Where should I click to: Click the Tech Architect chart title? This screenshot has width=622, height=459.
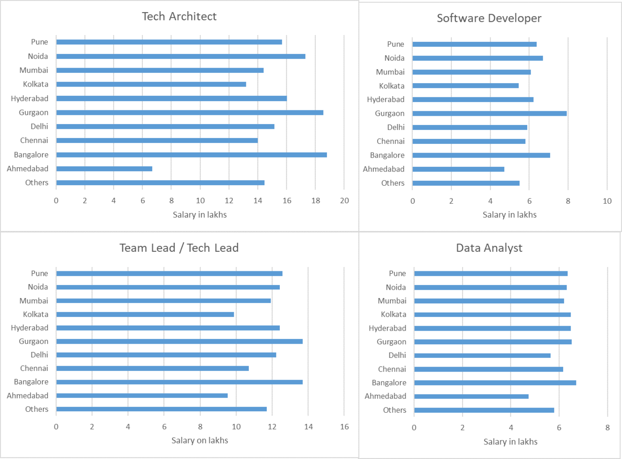pyautogui.click(x=179, y=16)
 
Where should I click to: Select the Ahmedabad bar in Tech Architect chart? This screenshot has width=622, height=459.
pyautogui.click(x=104, y=169)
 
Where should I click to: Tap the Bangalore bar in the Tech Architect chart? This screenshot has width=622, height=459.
pyautogui.click(x=191, y=155)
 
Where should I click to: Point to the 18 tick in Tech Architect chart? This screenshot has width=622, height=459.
pyautogui.click(x=315, y=200)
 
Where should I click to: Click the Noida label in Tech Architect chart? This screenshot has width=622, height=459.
pyautogui.click(x=38, y=56)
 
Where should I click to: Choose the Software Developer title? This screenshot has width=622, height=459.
pyautogui.click(x=489, y=18)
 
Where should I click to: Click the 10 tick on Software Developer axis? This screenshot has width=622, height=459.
pyautogui.click(x=607, y=201)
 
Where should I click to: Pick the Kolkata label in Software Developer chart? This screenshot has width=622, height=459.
pyautogui.click(x=392, y=86)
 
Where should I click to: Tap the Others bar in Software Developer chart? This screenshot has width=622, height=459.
pyautogui.click(x=466, y=183)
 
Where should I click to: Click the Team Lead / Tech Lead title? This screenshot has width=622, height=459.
pyautogui.click(x=179, y=248)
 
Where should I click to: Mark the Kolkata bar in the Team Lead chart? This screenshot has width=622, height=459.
pyautogui.click(x=145, y=314)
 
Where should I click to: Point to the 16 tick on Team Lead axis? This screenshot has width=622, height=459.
pyautogui.click(x=345, y=426)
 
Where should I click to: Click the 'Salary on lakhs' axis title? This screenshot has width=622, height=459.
pyautogui.click(x=200, y=441)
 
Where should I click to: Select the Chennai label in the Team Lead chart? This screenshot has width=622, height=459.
pyautogui.click(x=34, y=368)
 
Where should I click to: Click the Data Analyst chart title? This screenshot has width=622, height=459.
pyautogui.click(x=489, y=248)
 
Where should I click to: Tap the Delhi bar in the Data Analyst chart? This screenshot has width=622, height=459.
pyautogui.click(x=482, y=355)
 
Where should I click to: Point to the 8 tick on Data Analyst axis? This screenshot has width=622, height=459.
pyautogui.click(x=607, y=427)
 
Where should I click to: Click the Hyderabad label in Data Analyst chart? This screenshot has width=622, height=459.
pyautogui.click(x=387, y=328)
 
